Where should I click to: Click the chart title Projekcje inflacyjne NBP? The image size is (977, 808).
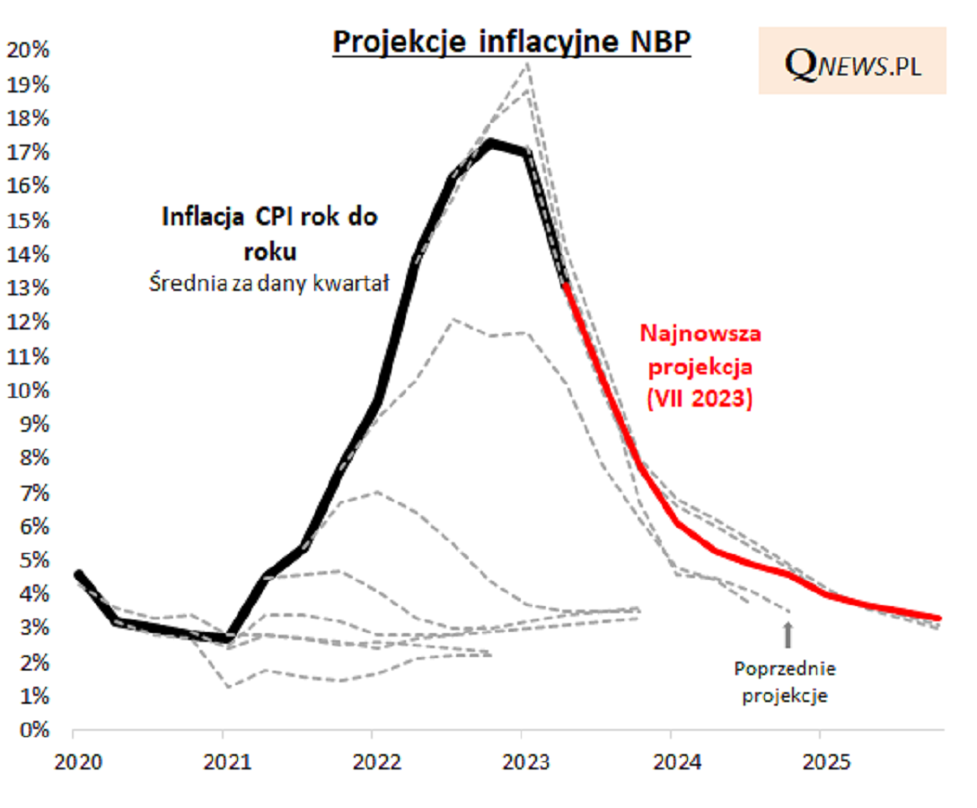[512, 42]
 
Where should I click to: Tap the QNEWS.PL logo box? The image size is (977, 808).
[852, 61]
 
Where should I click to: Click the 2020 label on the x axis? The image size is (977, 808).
[74, 762]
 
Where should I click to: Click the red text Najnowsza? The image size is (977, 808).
[700, 334]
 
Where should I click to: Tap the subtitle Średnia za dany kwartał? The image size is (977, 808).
[267, 285]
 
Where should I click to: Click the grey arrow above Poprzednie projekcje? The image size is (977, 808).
[788, 635]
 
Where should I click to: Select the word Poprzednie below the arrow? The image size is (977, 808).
[785, 670]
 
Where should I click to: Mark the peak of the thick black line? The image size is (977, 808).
[490, 142]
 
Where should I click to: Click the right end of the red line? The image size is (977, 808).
[938, 618]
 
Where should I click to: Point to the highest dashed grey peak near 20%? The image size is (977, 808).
[527, 64]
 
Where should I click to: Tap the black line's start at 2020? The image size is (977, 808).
[77, 575]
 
